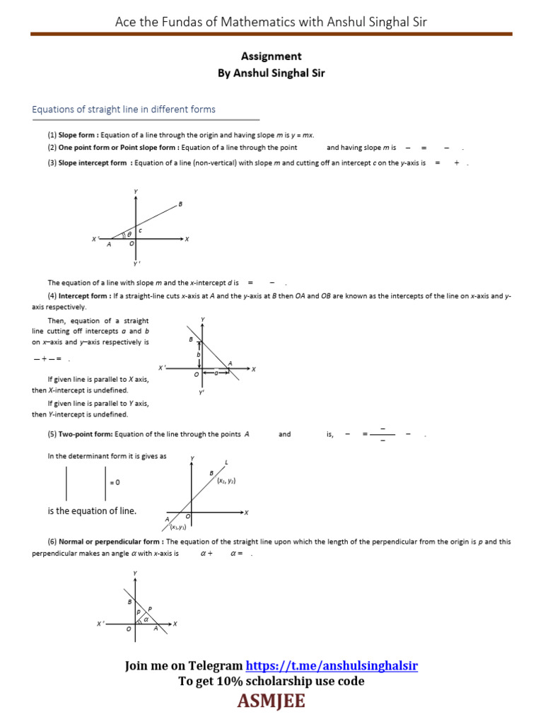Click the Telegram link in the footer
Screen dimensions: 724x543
[x=331, y=666]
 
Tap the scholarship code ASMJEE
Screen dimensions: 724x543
[x=271, y=701]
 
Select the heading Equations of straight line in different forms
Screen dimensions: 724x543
[x=124, y=110]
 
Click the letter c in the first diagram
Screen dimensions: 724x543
[x=140, y=230]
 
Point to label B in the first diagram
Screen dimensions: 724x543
[x=180, y=204]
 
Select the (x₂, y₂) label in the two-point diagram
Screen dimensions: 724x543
[x=226, y=481]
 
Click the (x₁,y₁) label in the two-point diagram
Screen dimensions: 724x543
[x=177, y=527]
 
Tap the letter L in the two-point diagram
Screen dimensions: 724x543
[x=226, y=462]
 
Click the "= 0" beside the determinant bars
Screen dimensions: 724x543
[x=115, y=482]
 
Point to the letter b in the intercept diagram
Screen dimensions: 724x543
[x=199, y=354]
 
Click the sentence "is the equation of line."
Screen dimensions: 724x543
[x=92, y=511]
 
